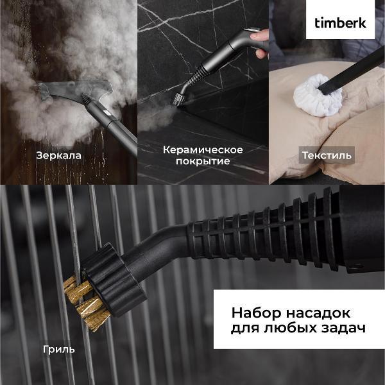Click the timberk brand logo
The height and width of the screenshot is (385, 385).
pyautogui.click(x=340, y=22)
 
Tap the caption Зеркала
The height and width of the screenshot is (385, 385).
pyautogui.click(x=58, y=155)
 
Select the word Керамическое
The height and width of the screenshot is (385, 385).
pyautogui.click(x=203, y=150)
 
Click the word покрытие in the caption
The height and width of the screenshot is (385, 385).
pyautogui.click(x=203, y=162)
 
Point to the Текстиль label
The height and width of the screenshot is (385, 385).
pyautogui.click(x=327, y=155)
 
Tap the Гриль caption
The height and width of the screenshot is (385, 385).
pyautogui.click(x=59, y=349)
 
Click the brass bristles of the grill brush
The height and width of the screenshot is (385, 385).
pyautogui.click(x=80, y=302)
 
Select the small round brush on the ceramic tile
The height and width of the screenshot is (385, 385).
pyautogui.click(x=178, y=99)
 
